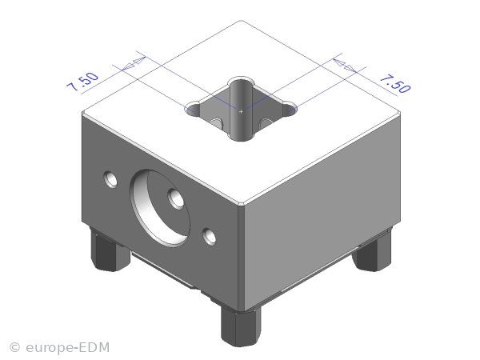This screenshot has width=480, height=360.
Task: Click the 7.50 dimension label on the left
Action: pos(82,82)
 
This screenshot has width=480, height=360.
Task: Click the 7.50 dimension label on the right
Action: pos(395,83)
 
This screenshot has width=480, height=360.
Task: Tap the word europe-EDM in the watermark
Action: pos(68,347)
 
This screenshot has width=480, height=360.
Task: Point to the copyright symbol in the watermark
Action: pos(14,348)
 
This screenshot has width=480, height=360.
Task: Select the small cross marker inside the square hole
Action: pos(241,111)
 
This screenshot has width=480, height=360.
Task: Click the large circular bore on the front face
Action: pos(160,208)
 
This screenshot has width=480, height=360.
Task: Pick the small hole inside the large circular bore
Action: pos(176,199)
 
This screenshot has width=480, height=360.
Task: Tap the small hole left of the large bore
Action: pos(110,179)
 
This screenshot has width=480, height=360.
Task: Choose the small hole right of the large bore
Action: pos(209,237)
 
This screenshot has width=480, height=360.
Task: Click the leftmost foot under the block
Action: pos(109,250)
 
